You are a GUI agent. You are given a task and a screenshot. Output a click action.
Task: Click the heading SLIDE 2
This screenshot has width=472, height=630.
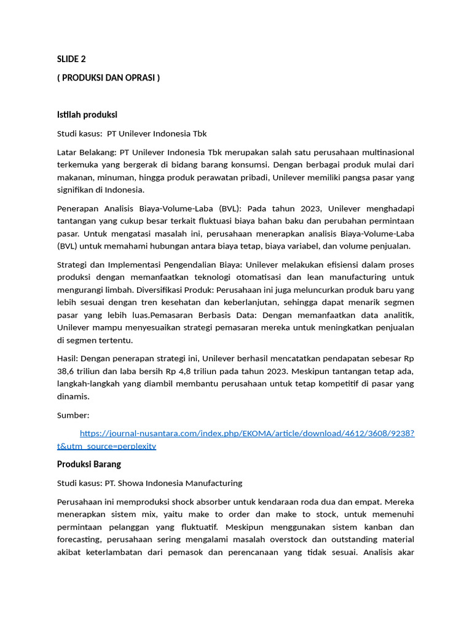click(x=71, y=59)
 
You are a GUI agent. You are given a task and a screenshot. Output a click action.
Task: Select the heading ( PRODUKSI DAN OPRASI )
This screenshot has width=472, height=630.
click(x=108, y=78)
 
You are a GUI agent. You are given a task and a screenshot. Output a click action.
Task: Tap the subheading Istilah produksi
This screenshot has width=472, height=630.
click(x=87, y=114)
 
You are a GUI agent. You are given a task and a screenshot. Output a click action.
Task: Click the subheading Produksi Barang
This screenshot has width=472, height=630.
click(x=89, y=464)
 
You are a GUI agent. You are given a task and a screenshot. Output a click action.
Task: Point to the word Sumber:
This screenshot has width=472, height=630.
click(x=73, y=415)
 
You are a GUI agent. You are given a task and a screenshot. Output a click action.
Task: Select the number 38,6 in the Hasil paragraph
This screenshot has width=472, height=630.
click(x=66, y=371)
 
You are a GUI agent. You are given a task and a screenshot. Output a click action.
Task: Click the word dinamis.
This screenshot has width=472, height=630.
click(x=73, y=396)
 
